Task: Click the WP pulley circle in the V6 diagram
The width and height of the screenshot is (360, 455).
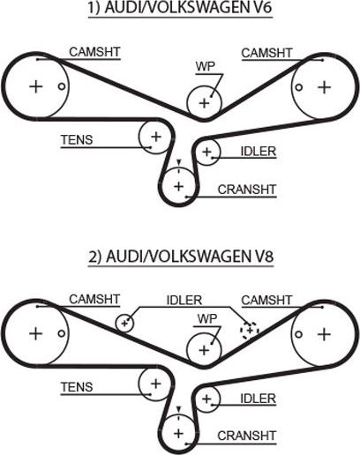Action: click(x=204, y=102)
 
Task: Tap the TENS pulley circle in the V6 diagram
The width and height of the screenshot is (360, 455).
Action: click(x=155, y=137)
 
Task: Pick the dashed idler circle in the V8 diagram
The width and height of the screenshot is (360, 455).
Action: click(x=250, y=329)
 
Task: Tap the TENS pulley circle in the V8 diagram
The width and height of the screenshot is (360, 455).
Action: click(x=155, y=384)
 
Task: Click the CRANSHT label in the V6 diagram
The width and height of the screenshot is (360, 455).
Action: click(x=247, y=188)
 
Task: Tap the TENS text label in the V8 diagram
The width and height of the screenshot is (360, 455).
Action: click(x=77, y=386)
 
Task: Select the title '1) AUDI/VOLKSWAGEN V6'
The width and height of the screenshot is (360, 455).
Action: click(x=180, y=11)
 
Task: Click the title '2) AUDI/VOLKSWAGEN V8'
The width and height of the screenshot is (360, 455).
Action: click(x=180, y=257)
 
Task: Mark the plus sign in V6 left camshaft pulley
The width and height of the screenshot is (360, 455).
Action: click(x=35, y=86)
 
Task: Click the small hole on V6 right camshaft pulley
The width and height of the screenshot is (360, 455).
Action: click(x=300, y=86)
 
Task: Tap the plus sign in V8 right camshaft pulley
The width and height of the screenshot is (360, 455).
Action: click(x=324, y=334)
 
